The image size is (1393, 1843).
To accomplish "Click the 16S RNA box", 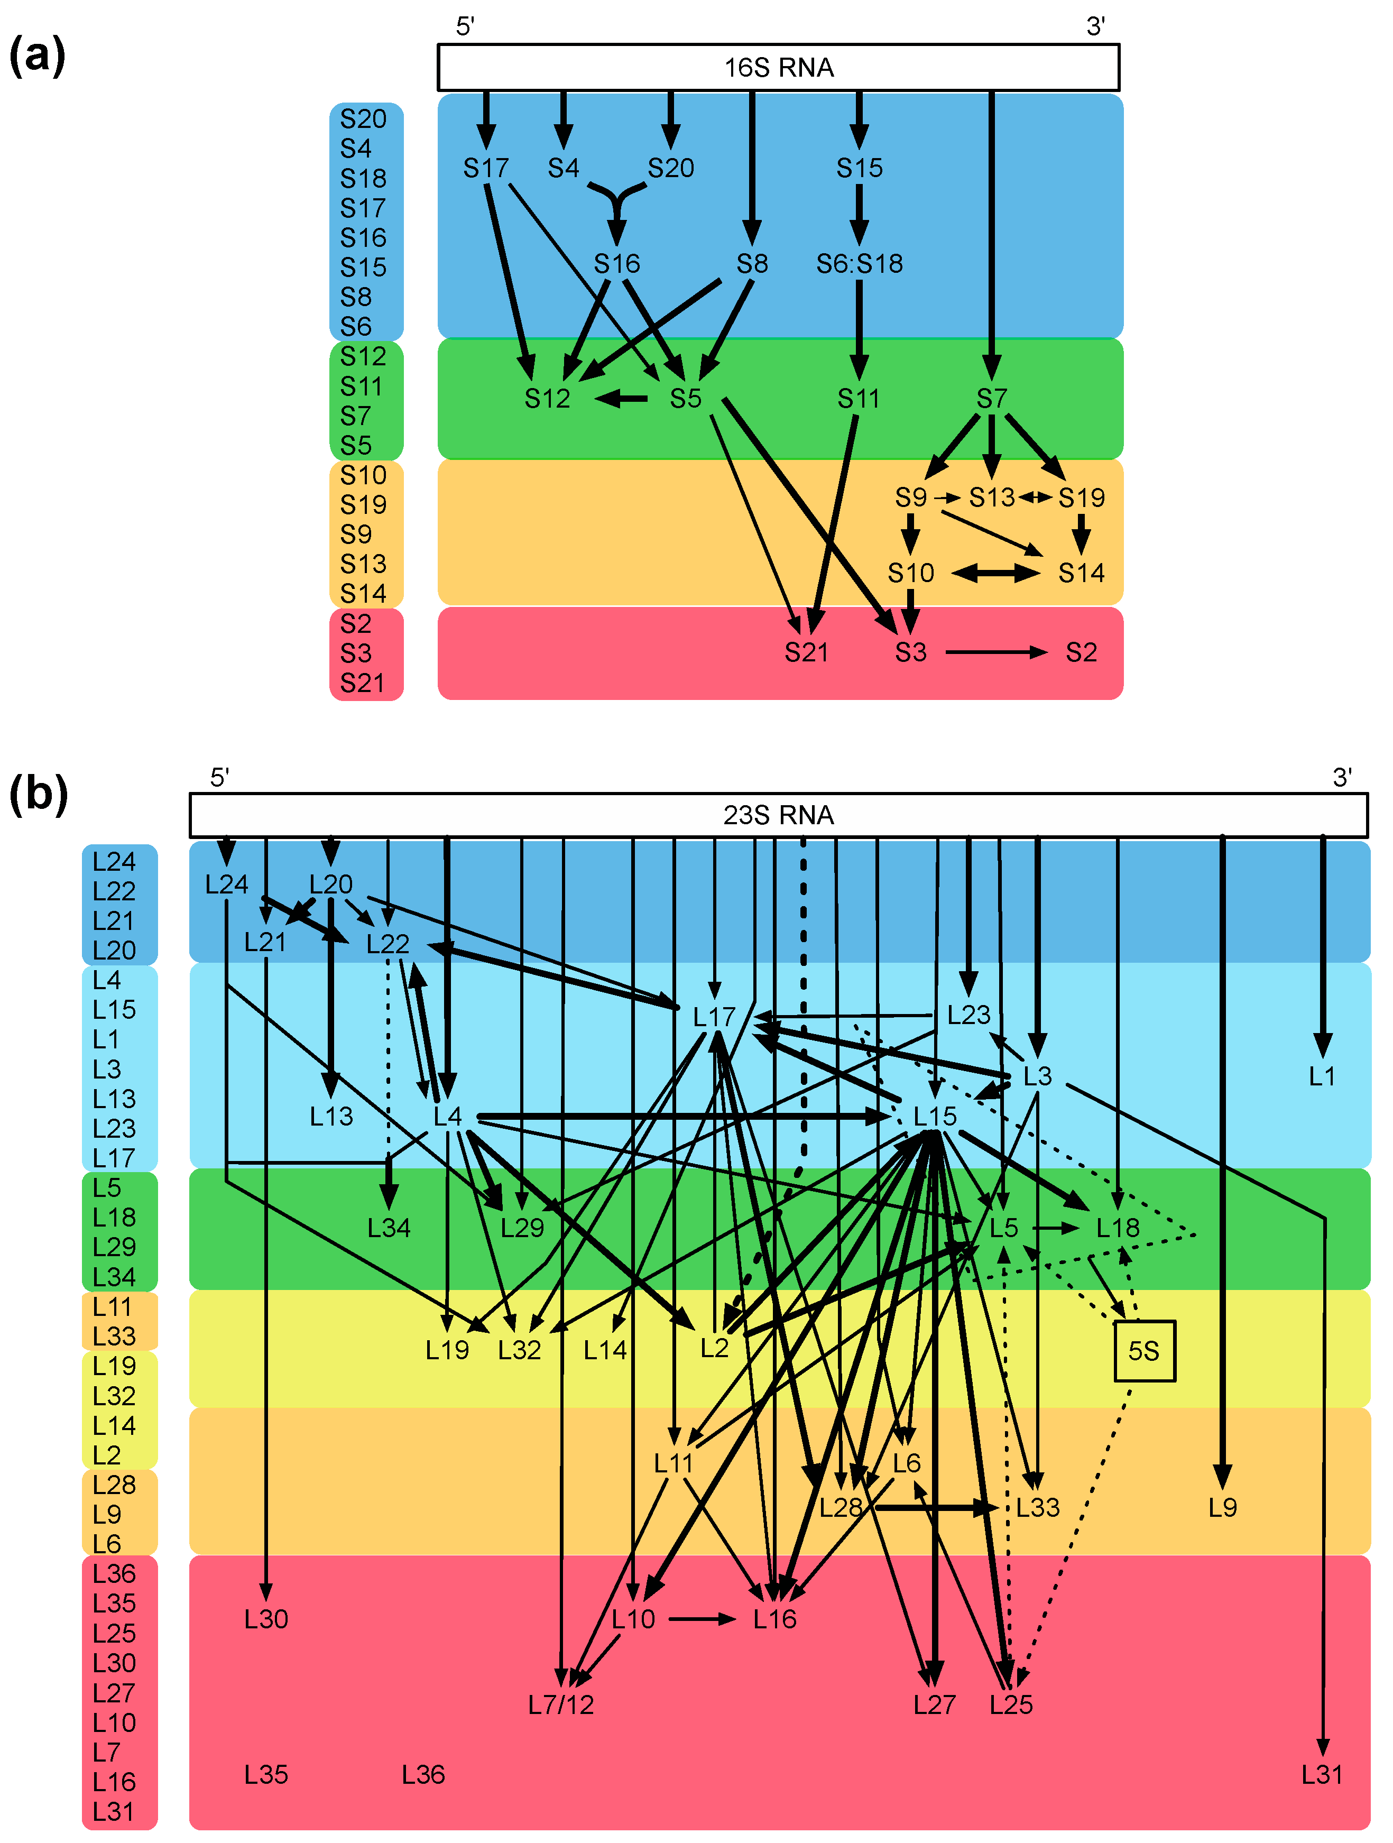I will pos(778,68).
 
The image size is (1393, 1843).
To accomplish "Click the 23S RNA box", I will pos(778,815).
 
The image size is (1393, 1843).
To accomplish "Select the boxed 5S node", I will pos(1144,1351).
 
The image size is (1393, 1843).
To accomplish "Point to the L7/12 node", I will pos(561,1704).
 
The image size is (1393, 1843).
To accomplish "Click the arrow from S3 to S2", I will pos(995,652).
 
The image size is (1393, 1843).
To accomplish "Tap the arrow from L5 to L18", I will pos(1056,1228).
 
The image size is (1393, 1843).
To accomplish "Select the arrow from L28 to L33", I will pos(936,1507).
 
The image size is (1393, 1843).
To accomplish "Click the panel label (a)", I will pos(36,57).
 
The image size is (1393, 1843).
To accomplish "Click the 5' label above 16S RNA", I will pos(465,26).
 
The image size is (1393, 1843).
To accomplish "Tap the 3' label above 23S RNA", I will pos(1341,777).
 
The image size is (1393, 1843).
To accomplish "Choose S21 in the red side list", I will pos(363,683).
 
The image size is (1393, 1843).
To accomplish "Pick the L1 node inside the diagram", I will pos(1321,1076).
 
